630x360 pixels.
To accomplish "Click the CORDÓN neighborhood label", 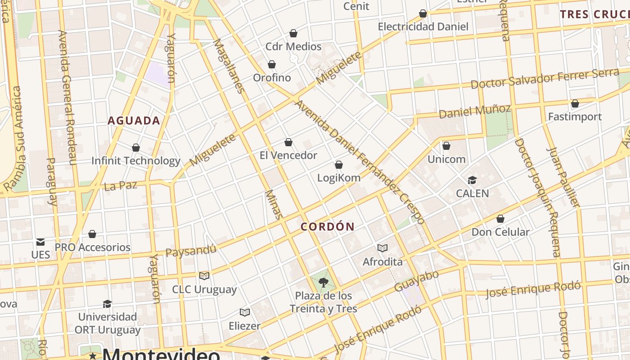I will point(327,227).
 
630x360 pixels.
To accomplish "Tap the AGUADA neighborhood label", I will point(134,121).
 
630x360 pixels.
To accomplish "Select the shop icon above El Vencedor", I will point(288,143).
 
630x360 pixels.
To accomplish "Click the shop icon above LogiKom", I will point(339,165).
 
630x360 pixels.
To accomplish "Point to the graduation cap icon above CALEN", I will point(472,180).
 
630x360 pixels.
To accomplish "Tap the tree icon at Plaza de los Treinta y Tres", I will point(323,283).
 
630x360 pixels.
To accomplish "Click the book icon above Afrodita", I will point(382,248).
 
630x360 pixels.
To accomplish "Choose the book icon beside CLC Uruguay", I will point(204,276).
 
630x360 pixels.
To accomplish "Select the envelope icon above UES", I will point(40,242).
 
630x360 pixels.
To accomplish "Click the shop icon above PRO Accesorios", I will point(92,234).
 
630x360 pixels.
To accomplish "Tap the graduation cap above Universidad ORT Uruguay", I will point(107,304).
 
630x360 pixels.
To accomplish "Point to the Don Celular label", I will point(500,232).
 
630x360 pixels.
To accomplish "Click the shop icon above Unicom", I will point(446,146).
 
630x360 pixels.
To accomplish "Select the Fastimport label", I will point(575,117).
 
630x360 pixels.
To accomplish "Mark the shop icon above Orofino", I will point(272,65).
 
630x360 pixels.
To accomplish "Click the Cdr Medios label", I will point(293,47).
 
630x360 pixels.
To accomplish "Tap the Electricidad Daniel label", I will point(423,27).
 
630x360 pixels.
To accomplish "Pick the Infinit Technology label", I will point(136,161).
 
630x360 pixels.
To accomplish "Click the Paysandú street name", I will point(191,250).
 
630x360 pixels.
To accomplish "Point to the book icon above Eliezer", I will point(245,312).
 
